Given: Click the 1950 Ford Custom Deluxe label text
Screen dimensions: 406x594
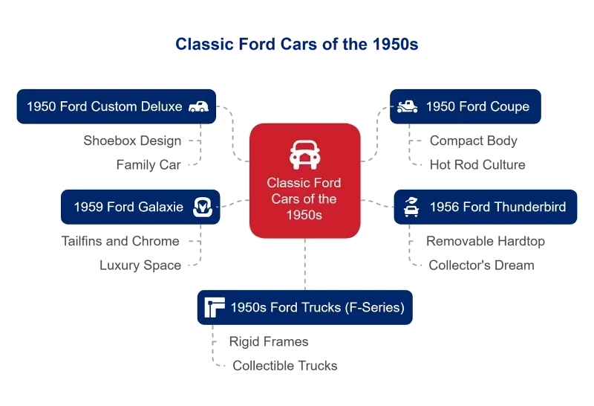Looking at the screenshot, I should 104,106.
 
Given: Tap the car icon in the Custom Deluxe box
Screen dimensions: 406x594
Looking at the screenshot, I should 198,106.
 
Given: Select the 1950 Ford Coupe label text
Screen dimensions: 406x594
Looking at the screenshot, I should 477,106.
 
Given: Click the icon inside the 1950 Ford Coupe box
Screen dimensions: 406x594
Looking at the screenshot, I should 407,106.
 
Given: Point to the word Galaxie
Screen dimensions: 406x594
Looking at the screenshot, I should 158,207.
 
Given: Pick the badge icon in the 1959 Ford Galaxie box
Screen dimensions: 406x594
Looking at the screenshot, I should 203,207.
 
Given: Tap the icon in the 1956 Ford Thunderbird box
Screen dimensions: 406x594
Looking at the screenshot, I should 411,207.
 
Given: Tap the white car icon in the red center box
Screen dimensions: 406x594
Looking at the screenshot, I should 304,154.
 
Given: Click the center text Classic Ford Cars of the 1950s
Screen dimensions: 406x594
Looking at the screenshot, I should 304,199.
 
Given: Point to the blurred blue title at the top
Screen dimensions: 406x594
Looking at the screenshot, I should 297,45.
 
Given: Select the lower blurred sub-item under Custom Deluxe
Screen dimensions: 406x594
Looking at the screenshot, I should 148,163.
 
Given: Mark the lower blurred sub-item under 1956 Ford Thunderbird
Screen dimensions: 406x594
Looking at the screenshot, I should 480,265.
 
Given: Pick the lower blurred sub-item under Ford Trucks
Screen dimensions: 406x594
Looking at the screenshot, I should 284,366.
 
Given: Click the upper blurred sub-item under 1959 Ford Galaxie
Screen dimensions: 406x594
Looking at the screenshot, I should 122,241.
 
